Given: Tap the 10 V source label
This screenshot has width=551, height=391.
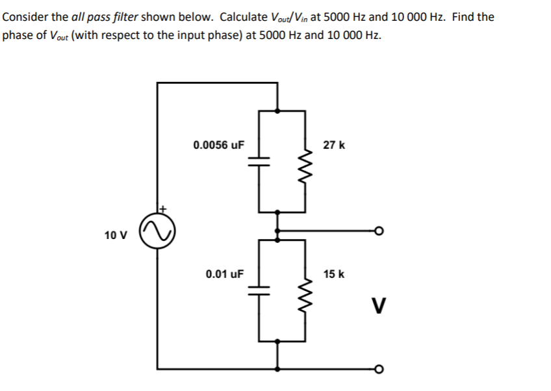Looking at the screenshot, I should point(114,234).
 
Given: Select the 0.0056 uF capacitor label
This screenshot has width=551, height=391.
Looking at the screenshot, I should point(218,145).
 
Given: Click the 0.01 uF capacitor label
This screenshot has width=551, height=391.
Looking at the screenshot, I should point(224,274).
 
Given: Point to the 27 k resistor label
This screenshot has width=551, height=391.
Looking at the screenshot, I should point(334,145).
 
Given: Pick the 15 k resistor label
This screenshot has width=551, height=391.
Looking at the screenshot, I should point(334,274).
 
